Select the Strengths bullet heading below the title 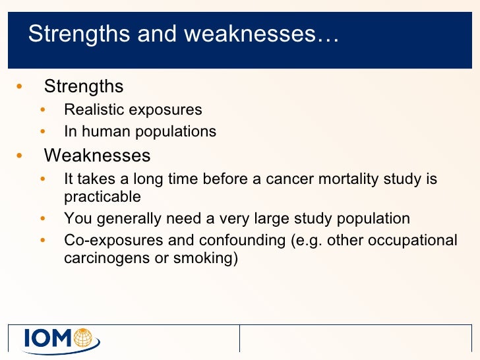84,86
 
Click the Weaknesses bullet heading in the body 97,156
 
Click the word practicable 102,196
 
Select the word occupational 414,240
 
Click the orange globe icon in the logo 84,338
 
